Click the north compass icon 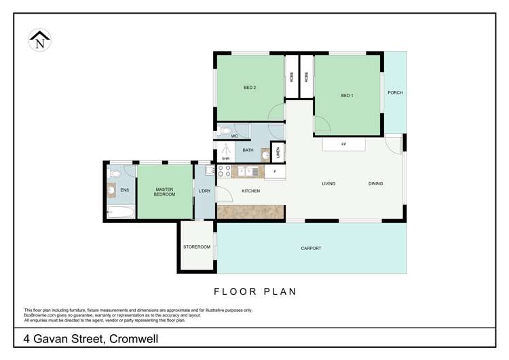[x=39, y=41]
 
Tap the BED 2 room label [x=250, y=88]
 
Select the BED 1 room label [x=347, y=96]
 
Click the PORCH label [x=395, y=93]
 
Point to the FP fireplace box [x=343, y=145]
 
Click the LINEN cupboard [x=278, y=153]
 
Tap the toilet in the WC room [x=225, y=130]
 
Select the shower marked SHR [x=225, y=150]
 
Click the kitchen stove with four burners [x=224, y=171]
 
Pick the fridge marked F [x=275, y=172]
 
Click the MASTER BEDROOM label [x=164, y=192]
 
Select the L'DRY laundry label [x=204, y=192]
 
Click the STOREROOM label [x=196, y=247]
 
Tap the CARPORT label [x=311, y=249]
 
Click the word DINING [x=375, y=183]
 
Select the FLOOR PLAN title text [x=255, y=292]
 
